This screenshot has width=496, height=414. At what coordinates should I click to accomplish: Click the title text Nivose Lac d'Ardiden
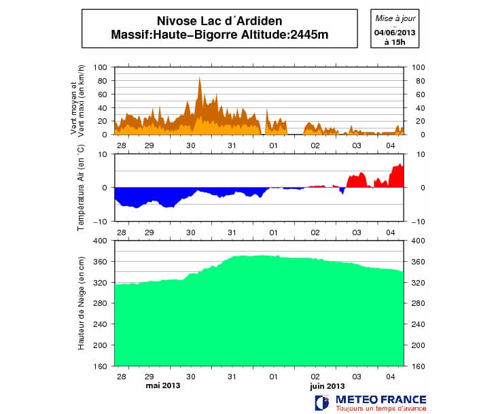click(x=219, y=21)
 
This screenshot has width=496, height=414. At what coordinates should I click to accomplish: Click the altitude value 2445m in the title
click(x=305, y=35)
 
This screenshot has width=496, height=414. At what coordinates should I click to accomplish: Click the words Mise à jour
click(x=395, y=16)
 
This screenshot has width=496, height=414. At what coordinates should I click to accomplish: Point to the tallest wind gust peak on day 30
click(x=200, y=77)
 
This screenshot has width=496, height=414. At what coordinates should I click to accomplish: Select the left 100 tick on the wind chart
click(x=101, y=67)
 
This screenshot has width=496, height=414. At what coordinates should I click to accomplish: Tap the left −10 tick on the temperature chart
click(x=99, y=222)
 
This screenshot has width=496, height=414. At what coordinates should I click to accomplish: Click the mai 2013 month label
click(x=164, y=385)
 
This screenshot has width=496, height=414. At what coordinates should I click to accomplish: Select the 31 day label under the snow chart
click(x=232, y=375)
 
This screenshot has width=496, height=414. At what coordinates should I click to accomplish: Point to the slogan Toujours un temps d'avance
click(x=381, y=408)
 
